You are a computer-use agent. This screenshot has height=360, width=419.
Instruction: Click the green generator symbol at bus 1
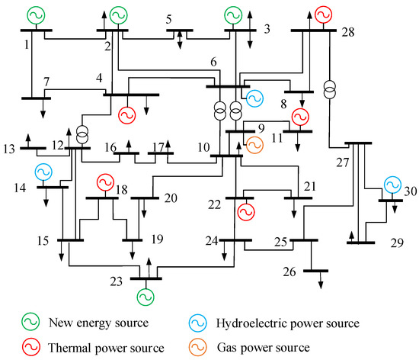pos(35,15)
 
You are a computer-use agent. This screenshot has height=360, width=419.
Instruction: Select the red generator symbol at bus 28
pos(324,14)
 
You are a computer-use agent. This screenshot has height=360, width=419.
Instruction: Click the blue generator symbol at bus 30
pos(392,185)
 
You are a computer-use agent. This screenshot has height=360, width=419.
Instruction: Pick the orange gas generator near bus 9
pos(254,143)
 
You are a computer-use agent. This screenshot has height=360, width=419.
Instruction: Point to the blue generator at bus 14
pos(43,171)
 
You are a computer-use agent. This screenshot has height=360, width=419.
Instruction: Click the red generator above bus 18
pos(104,183)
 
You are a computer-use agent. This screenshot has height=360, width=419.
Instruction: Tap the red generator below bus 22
pos(245,213)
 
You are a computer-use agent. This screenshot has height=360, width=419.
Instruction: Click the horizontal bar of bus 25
pos(304,240)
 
